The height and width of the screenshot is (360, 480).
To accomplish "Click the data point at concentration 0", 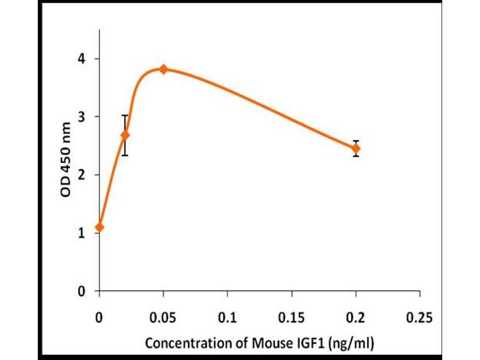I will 99,227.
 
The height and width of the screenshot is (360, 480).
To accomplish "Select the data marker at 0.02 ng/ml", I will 125,135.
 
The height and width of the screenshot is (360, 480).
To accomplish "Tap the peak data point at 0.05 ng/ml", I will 163,70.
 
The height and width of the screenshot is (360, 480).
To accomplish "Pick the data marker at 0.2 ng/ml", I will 356,148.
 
